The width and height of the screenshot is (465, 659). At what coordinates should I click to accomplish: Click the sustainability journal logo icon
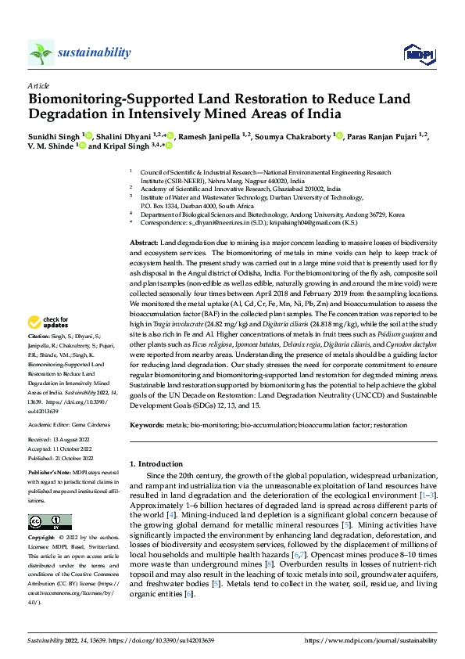click(x=41, y=53)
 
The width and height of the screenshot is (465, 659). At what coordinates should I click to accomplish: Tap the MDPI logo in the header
click(x=414, y=53)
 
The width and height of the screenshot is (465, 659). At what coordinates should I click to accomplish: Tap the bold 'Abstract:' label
click(x=145, y=222)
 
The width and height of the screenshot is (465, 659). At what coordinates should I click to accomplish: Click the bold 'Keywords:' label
click(x=146, y=424)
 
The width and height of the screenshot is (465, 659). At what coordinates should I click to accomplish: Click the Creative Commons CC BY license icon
click(x=49, y=522)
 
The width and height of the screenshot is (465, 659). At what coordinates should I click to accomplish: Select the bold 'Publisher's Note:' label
click(x=51, y=474)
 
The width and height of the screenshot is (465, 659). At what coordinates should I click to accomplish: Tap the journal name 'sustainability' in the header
click(x=94, y=52)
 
